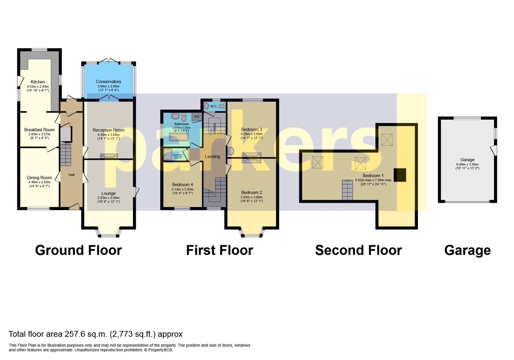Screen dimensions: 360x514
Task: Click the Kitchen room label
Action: (38, 82)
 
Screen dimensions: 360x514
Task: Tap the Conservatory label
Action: (108, 82)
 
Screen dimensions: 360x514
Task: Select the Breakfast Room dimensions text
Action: (39, 136)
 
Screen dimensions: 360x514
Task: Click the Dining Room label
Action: (39, 178)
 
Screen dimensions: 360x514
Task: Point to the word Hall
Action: (71, 175)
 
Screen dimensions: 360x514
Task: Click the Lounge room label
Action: (108, 194)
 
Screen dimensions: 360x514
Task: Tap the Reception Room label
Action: (108, 130)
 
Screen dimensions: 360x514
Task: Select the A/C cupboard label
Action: (197, 117)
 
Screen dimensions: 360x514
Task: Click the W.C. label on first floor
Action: (214, 106)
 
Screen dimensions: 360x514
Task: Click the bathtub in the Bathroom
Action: (179, 137)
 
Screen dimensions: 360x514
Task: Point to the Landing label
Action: (212, 157)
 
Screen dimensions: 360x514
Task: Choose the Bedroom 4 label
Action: (182, 185)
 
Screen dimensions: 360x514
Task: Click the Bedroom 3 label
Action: (252, 130)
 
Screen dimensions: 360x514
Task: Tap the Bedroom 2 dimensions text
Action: (252, 199)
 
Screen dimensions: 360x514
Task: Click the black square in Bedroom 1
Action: (400, 175)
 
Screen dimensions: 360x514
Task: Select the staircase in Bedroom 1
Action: (347, 190)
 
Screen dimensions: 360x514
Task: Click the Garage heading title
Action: (467, 250)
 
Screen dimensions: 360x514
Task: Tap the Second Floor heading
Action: (358, 250)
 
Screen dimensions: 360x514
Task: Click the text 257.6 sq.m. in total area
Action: (86, 334)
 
